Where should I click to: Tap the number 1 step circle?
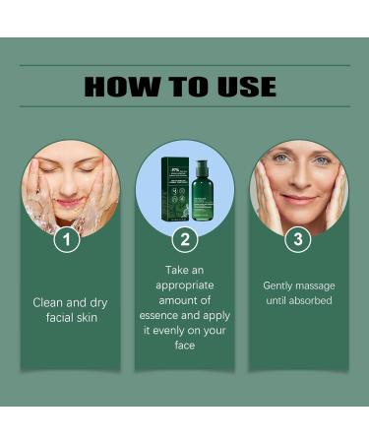click(x=67, y=238)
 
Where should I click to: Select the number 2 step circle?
click(x=184, y=238)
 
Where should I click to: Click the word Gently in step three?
click(x=279, y=285)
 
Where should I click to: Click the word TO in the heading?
click(x=184, y=87)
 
